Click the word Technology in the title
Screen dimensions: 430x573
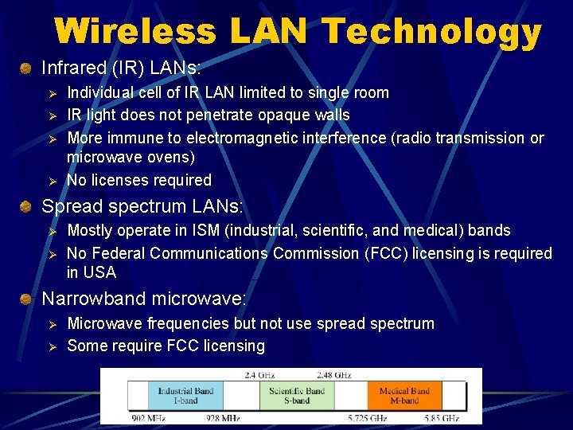[433, 32]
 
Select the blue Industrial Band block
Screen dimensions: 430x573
[185, 395]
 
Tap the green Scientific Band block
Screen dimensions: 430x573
[296, 395]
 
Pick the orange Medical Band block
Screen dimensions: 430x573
[403, 395]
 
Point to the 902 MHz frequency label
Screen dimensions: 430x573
[148, 417]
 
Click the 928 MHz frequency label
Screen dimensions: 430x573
[222, 417]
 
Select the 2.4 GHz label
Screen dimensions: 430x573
[260, 373]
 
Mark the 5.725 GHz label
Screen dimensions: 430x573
[367, 417]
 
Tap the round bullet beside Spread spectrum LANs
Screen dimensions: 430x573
[27, 207]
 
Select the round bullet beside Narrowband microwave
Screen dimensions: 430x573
[27, 299]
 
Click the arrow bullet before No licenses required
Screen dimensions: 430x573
[49, 181]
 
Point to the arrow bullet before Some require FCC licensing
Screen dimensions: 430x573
[49, 346]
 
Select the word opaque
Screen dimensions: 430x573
[281, 115]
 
